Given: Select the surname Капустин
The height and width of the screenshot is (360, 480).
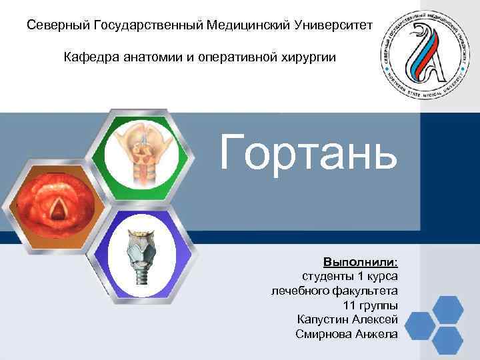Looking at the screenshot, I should (x=323, y=319).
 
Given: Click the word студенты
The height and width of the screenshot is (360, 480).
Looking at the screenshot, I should (x=327, y=276).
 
